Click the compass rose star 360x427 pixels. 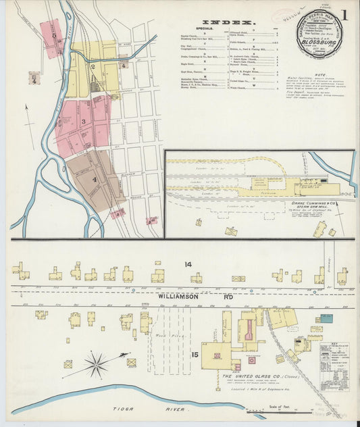click(96, 365)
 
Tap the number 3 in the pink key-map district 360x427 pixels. click(83, 122)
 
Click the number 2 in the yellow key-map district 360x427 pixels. click(92, 67)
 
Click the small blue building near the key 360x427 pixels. click(327, 318)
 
